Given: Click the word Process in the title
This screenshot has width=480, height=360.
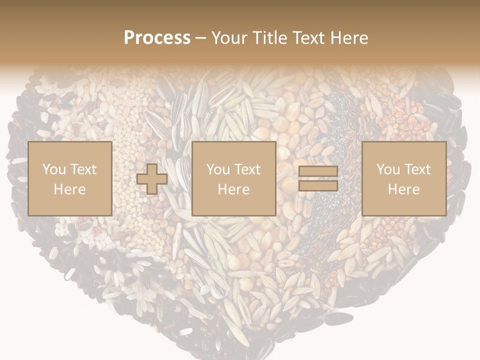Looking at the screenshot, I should tap(157, 38).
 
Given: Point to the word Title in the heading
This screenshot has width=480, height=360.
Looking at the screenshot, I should tap(270, 38).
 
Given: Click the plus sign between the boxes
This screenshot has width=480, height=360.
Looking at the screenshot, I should tap(152, 179).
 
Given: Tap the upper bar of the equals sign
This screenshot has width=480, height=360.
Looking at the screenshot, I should tap(318, 172).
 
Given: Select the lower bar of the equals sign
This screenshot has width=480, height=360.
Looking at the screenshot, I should tap(318, 186).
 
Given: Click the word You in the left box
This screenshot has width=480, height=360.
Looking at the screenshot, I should tap(53, 169).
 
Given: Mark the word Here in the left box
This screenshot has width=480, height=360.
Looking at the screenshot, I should tap(69, 189).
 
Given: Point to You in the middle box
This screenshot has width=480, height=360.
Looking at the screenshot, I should tap(218, 169).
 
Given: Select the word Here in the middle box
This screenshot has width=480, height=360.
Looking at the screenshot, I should tap(234, 189).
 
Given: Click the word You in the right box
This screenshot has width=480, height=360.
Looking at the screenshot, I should tap(388, 169).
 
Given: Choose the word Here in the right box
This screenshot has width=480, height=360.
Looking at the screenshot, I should tap(404, 189).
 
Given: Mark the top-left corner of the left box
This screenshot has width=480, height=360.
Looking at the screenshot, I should tap(28, 142).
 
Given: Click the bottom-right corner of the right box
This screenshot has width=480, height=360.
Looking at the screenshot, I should tap(446, 215).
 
